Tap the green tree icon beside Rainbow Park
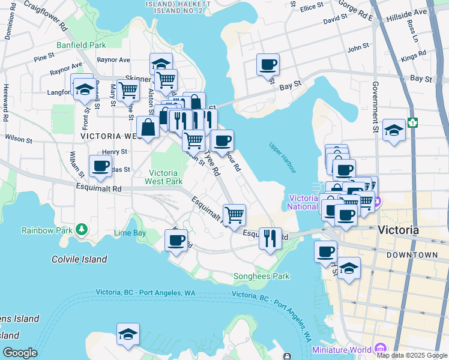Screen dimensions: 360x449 pyautogui.click(x=80, y=230)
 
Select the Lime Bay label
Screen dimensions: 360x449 pyautogui.click(x=130, y=232)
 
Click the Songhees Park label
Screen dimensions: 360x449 pyautogui.click(x=261, y=276)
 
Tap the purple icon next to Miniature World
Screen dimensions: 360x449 pyautogui.click(x=379, y=349)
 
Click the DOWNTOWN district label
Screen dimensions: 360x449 pyautogui.click(x=412, y=255)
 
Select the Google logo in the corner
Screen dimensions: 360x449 pyautogui.click(x=20, y=353)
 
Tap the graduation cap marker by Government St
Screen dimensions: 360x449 pyautogui.click(x=393, y=130)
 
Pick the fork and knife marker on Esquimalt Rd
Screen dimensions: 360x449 pyautogui.click(x=270, y=238)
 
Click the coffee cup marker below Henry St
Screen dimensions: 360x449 pyautogui.click(x=100, y=166)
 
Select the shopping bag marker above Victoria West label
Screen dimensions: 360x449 pyautogui.click(x=148, y=127)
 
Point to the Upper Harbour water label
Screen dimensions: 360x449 pyautogui.click(x=282, y=157)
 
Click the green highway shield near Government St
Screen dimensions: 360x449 pyautogui.click(x=413, y=122)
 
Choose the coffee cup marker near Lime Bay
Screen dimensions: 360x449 pyautogui.click(x=176, y=241)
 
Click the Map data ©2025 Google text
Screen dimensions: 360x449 pyautogui.click(x=412, y=355)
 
